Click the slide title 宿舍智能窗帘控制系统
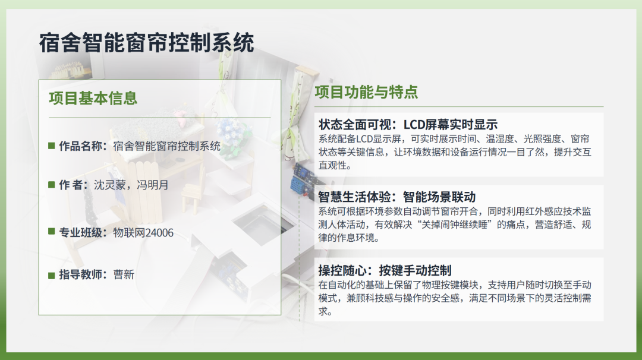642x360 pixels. tap(147, 43)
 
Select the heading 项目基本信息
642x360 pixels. tap(93, 98)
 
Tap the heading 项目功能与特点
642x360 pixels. tap(366, 92)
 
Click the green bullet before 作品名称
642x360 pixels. tap(52, 146)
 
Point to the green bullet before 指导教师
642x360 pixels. tap(52, 275)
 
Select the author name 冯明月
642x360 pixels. tap(152, 185)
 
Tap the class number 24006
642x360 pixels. tap(159, 233)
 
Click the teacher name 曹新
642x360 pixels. tap(124, 274)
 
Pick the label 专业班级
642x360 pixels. tap(81, 233)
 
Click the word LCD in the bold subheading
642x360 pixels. tap(414, 124)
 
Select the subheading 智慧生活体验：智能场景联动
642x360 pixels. tap(396, 197)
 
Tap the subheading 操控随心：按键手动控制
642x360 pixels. tap(385, 270)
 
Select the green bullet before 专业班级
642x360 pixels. tap(52, 232)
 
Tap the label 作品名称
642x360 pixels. tap(81, 146)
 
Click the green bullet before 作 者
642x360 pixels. tap(52, 185)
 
